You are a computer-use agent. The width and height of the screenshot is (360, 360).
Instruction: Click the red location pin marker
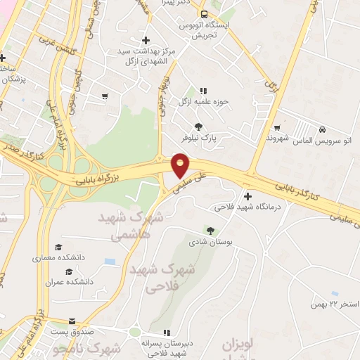tap(181, 165)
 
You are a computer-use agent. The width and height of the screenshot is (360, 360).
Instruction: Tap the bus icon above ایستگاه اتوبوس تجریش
tap(204, 14)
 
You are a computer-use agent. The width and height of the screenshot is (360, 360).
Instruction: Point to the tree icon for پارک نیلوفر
tap(199, 127)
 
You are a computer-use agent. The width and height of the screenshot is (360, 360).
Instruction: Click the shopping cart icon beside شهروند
tap(278, 127)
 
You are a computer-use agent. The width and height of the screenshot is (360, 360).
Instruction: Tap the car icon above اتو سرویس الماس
tap(321, 130)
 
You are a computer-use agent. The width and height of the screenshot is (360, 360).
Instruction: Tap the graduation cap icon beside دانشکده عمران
tap(69, 271)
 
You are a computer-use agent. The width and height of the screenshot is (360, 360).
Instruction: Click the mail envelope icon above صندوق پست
tap(72, 321)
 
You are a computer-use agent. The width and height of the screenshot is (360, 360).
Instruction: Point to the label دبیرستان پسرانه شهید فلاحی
tap(167, 347)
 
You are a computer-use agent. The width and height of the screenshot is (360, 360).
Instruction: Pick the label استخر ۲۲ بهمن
tap(335, 304)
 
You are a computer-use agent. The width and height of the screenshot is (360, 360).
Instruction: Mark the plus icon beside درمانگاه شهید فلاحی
tap(247, 195)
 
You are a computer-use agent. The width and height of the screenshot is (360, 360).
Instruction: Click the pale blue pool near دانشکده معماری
tap(109, 262)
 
